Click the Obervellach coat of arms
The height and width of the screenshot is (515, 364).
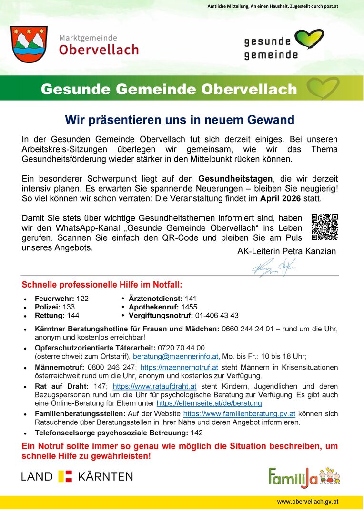pyautogui.click(x=29, y=44)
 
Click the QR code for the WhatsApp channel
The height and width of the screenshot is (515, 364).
pyautogui.click(x=324, y=227)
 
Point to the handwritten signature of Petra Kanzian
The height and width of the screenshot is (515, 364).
pyautogui.click(x=273, y=268)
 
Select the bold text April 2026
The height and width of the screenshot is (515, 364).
pyautogui.click(x=281, y=198)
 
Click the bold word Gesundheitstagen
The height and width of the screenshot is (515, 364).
pyautogui.click(x=236, y=179)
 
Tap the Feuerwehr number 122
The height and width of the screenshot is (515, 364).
pyautogui.click(x=82, y=299)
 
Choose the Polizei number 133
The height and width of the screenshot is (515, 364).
pyautogui.click(x=69, y=307)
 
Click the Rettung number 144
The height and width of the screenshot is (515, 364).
pyautogui.click(x=73, y=316)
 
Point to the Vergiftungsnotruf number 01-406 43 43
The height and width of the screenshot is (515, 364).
pyautogui.click(x=217, y=316)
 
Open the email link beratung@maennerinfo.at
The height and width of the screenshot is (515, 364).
pyautogui.click(x=176, y=356)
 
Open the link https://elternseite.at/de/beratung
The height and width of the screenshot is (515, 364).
pyautogui.click(x=209, y=403)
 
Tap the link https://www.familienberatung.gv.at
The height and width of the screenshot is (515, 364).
pyautogui.click(x=239, y=414)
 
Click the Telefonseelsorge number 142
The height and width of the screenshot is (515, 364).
pyautogui.click(x=196, y=433)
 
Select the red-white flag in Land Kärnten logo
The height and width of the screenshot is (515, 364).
pyautogui.click(x=65, y=476)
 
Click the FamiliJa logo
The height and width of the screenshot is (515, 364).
pyautogui.click(x=304, y=476)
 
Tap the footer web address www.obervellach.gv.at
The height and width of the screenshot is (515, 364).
pyautogui.click(x=308, y=502)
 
